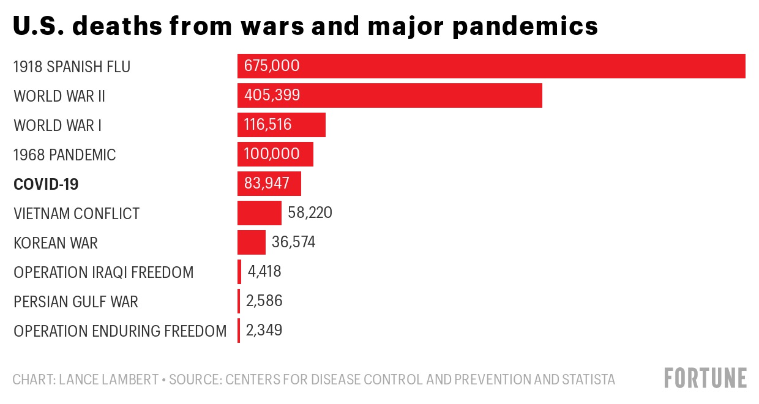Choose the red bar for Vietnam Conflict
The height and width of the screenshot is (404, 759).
point(259,213)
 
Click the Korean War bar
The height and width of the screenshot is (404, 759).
point(251,242)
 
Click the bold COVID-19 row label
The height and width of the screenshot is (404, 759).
point(46,184)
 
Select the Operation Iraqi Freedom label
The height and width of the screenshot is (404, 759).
point(103,272)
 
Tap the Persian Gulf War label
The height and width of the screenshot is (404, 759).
point(76,302)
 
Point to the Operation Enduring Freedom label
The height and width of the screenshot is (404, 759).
point(120,331)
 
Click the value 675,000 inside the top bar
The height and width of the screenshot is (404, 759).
point(272,66)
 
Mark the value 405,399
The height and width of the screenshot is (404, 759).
point(272,95)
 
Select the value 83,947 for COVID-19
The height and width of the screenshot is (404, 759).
point(267,184)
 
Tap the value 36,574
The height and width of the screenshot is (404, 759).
point(294,242)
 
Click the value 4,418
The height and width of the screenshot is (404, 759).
point(264,272)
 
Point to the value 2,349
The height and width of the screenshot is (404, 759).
point(264,331)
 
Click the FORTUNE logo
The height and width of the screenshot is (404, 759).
point(706,378)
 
